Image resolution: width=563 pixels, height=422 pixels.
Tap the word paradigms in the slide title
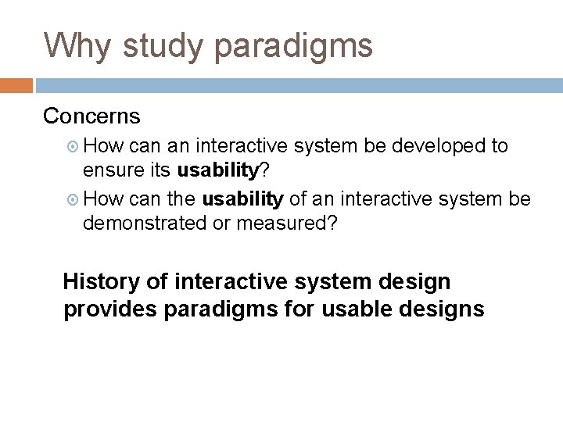pyautogui.click(x=293, y=47)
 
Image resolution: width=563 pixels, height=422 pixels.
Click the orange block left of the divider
pyautogui.click(x=16, y=85)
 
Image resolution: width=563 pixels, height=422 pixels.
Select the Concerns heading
pyautogui.click(x=91, y=116)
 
